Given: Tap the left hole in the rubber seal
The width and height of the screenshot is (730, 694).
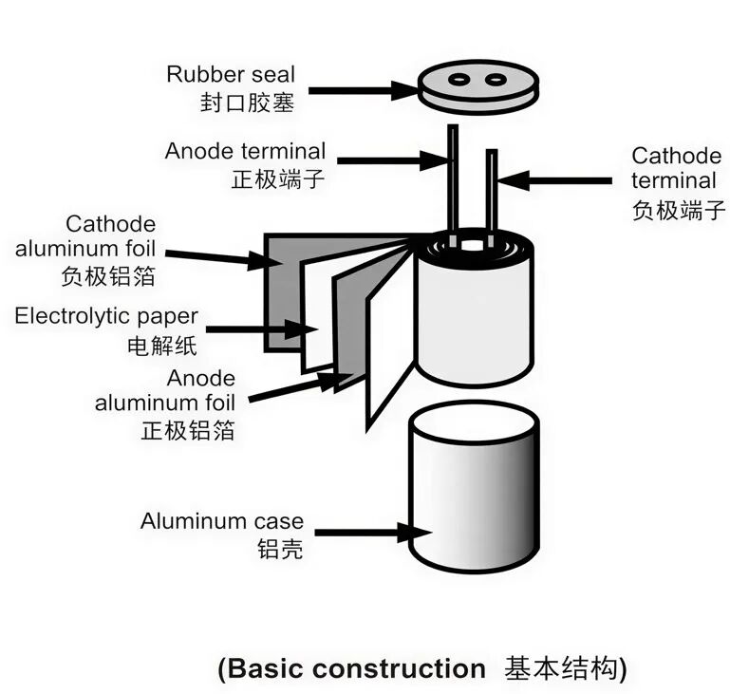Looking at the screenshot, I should point(461,80).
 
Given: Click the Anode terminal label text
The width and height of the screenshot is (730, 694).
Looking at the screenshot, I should point(245,151).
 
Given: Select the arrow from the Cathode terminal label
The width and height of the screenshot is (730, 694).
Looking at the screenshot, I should point(554,179).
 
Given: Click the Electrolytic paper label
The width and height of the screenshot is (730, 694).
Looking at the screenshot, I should point(106,316).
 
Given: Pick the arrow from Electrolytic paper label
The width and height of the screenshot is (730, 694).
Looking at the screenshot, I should point(260,330).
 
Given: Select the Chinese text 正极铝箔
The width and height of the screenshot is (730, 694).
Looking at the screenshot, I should point(188,429).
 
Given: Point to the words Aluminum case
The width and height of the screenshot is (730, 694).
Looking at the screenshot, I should point(222,521).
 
